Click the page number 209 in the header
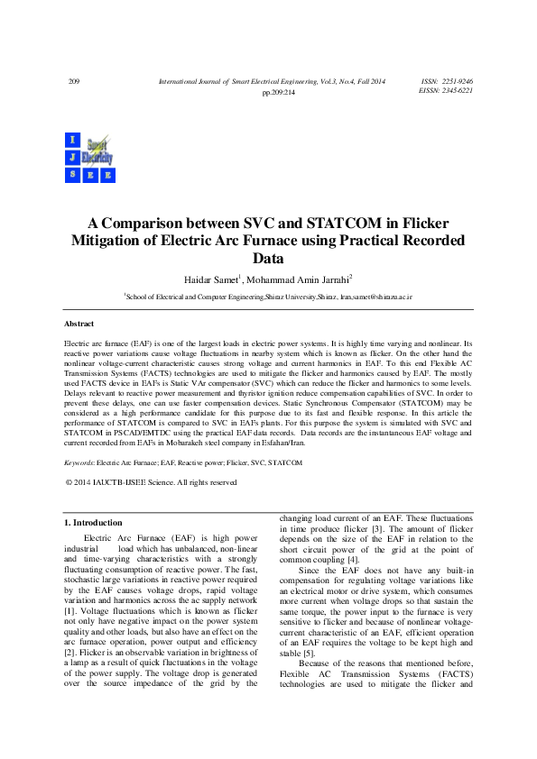74,82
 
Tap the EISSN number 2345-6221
456,91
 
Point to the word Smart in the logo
97,142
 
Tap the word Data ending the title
268,258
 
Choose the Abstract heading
79,323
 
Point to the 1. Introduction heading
93,523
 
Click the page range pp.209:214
278,93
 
